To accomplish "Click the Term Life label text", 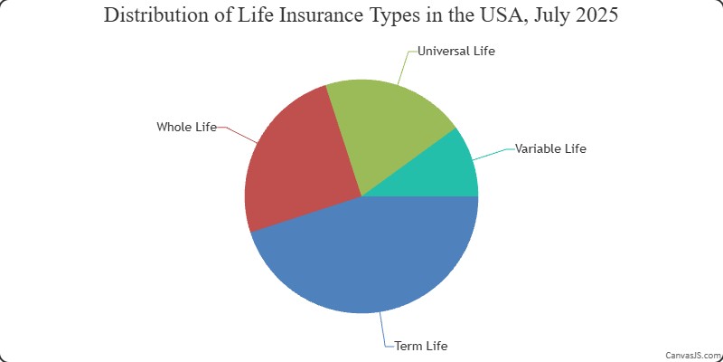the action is click(x=421, y=346).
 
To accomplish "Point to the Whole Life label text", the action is click(x=186, y=127).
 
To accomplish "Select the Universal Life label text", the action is click(x=456, y=51).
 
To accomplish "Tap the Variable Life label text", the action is click(x=550, y=148).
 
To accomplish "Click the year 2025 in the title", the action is click(x=596, y=14).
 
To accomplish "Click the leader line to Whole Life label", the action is click(x=239, y=133).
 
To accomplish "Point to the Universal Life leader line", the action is click(x=405, y=66).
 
